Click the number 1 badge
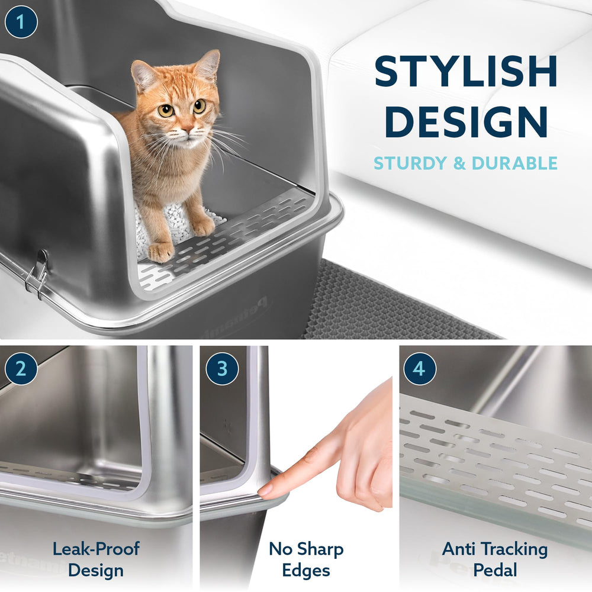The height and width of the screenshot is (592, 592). (x=21, y=22)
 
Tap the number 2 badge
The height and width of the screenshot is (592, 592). (x=21, y=369)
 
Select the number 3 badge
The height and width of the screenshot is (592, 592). (x=222, y=369)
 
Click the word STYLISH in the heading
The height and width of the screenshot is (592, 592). (x=466, y=72)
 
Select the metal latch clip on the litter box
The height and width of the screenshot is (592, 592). (x=39, y=274)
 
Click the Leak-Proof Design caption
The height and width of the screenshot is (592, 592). (x=95, y=559)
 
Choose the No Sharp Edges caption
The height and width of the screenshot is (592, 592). (x=306, y=559)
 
